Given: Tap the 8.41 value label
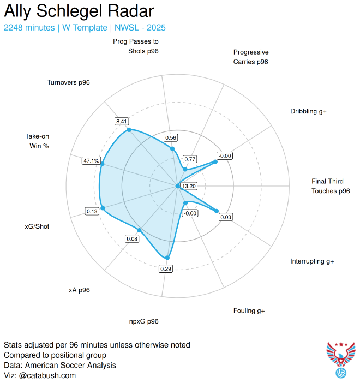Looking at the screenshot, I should click(121, 121).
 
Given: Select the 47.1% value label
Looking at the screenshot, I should click(91, 160).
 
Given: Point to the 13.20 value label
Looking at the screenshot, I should click(189, 186).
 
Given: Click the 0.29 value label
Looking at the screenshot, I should click(165, 268).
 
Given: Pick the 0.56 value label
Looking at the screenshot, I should click(171, 137).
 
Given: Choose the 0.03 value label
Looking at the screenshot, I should click(226, 217).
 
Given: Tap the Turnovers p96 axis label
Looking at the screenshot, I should click(69, 82).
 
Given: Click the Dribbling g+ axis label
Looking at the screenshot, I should click(308, 111).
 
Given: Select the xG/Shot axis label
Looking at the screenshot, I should click(37, 226).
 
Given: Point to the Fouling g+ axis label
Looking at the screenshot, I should click(249, 310).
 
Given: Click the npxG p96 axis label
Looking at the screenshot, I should click(145, 321).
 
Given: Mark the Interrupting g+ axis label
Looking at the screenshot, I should click(312, 261).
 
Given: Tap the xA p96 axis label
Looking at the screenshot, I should click(79, 290).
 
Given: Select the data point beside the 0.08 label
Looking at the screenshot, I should click(140, 231).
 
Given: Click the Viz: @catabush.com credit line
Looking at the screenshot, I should click(40, 375).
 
